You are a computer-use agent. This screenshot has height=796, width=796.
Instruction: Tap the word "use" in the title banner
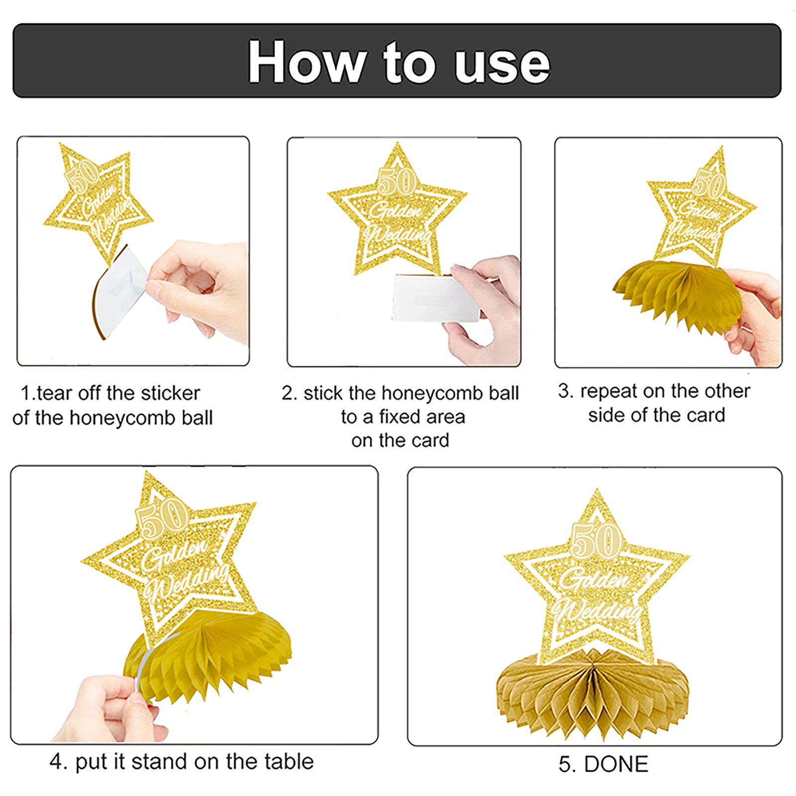503,67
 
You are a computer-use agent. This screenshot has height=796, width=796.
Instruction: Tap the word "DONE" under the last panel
616,764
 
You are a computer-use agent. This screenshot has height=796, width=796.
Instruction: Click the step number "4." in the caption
59,762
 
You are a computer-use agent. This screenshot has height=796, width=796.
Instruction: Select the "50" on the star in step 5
596,540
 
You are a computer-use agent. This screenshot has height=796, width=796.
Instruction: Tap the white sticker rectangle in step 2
436,298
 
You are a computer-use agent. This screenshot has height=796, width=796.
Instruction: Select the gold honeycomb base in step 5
593,694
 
